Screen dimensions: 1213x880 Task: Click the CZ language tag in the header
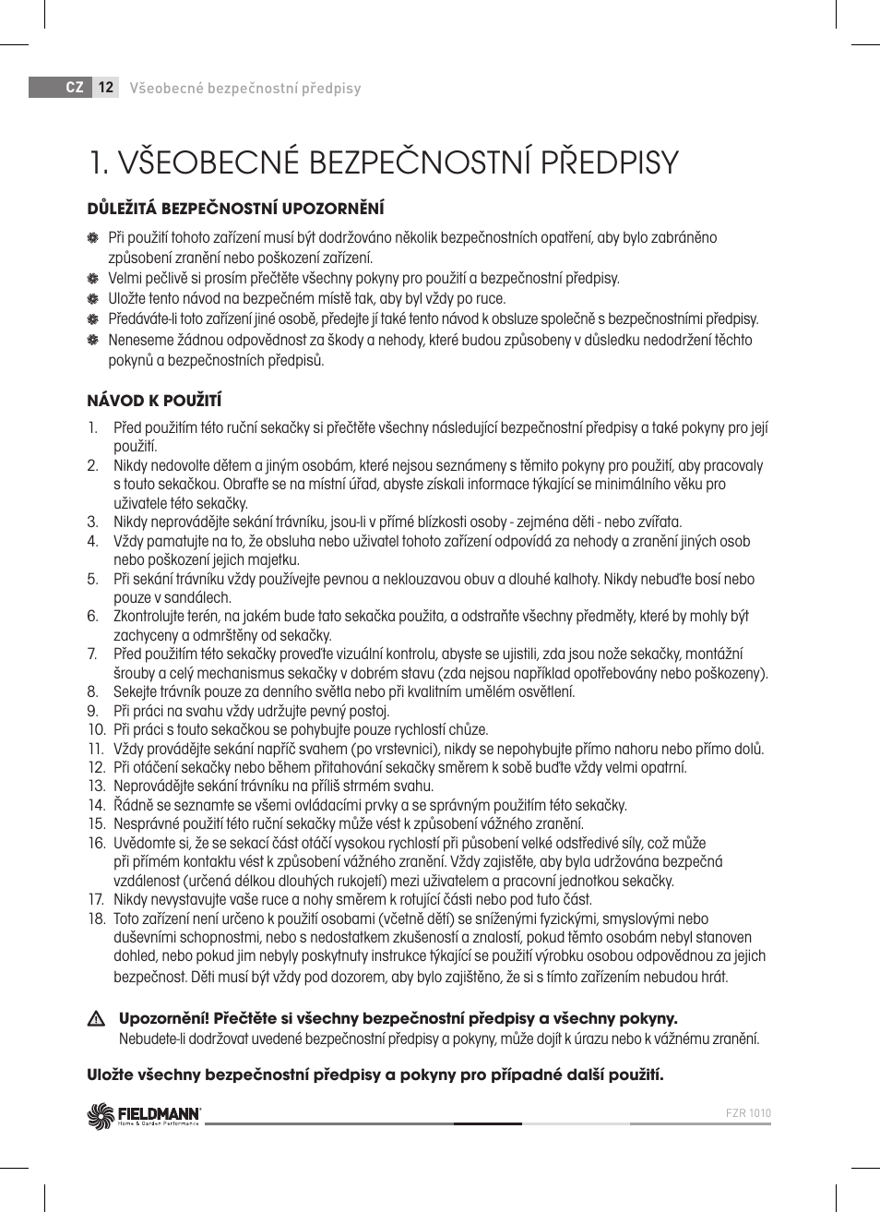pos(75,88)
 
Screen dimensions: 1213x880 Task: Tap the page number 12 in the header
pos(105,88)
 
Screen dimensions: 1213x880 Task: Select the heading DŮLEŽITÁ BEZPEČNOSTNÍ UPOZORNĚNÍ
pos(235,209)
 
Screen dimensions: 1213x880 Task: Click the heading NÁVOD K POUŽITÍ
pos(154,401)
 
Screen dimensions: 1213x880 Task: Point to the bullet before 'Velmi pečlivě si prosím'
pos(93,279)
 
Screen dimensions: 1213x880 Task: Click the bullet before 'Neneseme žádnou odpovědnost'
pos(93,341)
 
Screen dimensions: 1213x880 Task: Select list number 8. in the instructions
pos(93,692)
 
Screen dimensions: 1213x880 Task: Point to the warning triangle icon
pos(95,1020)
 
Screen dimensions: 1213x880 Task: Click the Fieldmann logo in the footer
pos(144,1116)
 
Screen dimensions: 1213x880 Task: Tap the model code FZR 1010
pos(748,1113)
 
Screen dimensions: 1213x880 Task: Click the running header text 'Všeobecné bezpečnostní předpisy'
pos(245,89)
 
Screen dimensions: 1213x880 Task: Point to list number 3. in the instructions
pos(93,522)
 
